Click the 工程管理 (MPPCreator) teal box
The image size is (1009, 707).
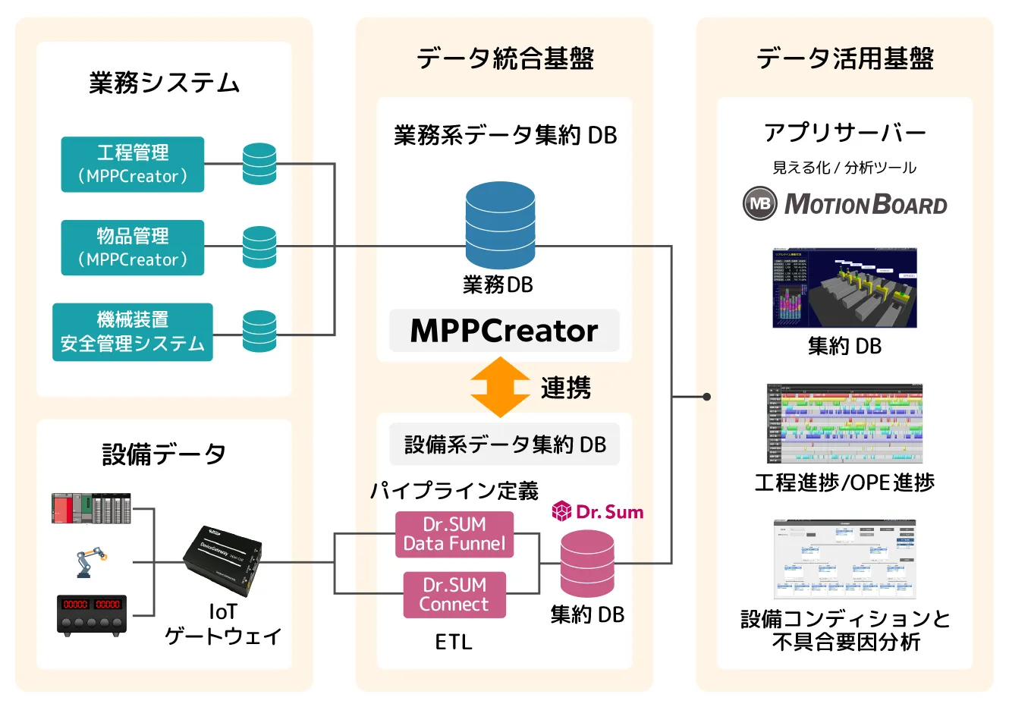coord(133,165)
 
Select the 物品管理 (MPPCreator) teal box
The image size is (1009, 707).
coord(133,248)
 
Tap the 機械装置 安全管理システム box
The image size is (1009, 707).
coord(133,332)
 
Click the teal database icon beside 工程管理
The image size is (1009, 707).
coord(259,164)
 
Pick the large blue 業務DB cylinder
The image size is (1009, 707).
coord(500,225)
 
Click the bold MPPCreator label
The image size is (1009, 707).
coord(504,331)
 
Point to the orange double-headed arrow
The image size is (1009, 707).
coord(500,388)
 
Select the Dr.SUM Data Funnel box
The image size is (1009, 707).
coord(454,535)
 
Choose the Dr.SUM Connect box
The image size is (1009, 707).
coord(454,595)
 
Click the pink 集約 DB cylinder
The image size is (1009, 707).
coord(587,564)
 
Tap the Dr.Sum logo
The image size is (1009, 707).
coord(599,512)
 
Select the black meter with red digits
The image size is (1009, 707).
coord(92,614)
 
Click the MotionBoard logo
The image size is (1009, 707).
coord(845,204)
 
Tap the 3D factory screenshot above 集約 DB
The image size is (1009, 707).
coord(844,288)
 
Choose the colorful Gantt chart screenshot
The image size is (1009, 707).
coord(844,424)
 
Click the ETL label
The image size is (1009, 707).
coord(454,643)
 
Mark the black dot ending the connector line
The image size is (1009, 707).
coord(707,397)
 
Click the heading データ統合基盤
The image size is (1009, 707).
coord(504,58)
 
